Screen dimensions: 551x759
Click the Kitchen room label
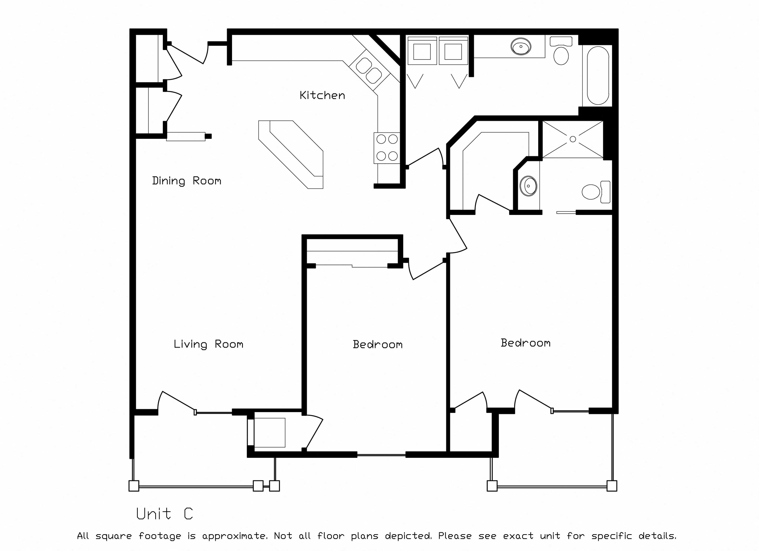click(x=322, y=95)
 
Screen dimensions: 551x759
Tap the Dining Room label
click(x=186, y=181)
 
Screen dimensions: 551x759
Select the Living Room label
click(x=208, y=344)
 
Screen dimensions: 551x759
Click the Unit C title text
click(x=165, y=514)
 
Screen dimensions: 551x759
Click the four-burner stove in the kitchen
click(x=387, y=148)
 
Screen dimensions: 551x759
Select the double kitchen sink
click(x=368, y=70)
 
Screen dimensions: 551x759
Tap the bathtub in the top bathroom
click(x=598, y=75)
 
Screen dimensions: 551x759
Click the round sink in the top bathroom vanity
click(x=521, y=47)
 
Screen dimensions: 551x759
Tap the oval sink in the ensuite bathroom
click(x=528, y=186)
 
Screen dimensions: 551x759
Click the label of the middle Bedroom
click(x=377, y=345)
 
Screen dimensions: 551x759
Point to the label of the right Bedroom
click(x=526, y=343)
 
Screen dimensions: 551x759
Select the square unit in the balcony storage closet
click(x=270, y=432)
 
